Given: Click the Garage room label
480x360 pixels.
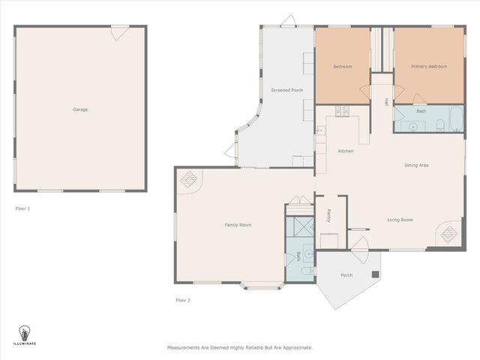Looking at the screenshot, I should point(80,109).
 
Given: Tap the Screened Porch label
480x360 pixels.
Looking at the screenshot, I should point(286,90).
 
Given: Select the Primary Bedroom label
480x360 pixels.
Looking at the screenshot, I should point(429,67).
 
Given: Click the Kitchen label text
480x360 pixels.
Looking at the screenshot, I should point(345,151).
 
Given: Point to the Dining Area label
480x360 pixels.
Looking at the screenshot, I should point(416,165).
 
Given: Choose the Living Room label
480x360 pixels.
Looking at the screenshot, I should point(400,220).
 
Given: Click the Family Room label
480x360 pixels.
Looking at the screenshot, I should point(238,225).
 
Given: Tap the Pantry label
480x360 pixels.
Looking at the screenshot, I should point(329,216).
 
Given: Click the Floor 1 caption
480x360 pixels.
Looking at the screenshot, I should point(22,208).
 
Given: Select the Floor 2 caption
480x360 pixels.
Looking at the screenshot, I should point(183,300).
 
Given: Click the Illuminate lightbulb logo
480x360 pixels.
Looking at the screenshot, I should point(23,332).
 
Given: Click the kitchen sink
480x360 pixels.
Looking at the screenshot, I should point(320,132).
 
